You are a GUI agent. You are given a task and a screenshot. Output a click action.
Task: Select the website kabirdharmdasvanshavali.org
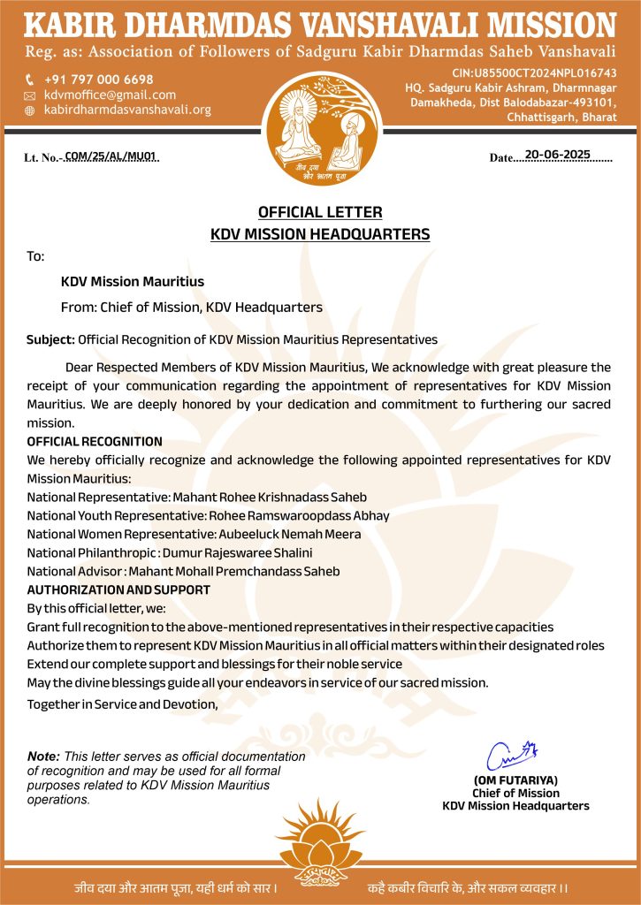127,110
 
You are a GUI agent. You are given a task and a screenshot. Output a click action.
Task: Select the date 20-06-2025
557,155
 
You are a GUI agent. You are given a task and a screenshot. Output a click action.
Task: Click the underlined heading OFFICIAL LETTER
320,212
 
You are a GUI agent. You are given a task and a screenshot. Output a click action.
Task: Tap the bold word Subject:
50,339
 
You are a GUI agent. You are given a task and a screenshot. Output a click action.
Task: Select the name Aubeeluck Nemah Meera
284,534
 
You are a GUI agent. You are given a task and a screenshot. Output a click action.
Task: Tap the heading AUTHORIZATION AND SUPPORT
118,589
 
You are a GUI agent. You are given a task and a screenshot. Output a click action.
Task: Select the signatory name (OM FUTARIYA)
515,780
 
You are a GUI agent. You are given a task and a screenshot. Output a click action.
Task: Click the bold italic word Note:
43,757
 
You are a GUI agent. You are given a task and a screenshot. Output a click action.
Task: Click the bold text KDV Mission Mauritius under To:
133,281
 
